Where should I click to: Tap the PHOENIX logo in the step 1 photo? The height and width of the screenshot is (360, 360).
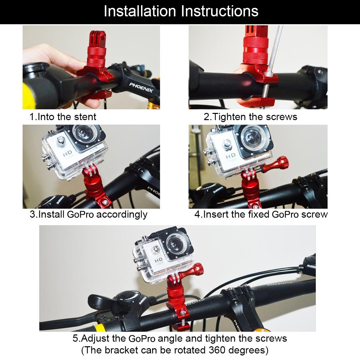click(x=141, y=88)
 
